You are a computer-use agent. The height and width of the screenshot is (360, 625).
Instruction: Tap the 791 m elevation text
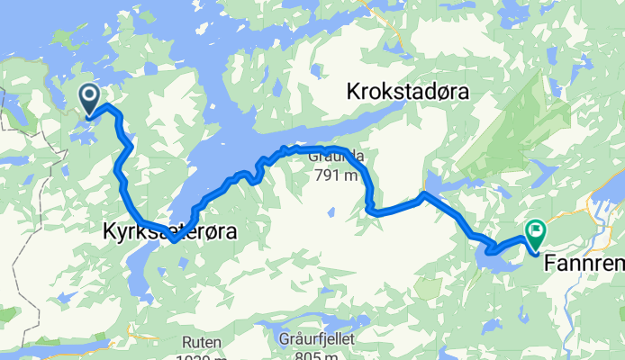click(x=336, y=175)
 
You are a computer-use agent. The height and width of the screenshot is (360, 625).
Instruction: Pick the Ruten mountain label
click(x=200, y=342)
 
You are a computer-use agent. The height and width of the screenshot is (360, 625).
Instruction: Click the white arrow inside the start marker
click(x=90, y=94)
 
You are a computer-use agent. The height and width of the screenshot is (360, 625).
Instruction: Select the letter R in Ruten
click(x=186, y=342)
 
